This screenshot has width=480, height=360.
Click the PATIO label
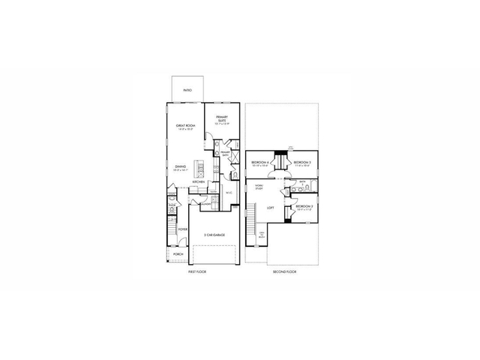[x=188, y=89]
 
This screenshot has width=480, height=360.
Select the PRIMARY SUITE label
[x=221, y=118]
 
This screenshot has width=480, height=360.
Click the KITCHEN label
[x=199, y=182]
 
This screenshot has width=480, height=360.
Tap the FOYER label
[x=182, y=229]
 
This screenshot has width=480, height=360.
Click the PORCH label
[x=178, y=254]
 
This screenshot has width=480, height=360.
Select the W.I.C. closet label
[x=229, y=193]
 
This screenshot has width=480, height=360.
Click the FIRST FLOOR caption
[x=196, y=271]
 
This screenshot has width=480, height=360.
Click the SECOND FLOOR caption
[x=286, y=271]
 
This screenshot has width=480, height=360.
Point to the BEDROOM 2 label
[x=304, y=206]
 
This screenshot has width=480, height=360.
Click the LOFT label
[x=270, y=208]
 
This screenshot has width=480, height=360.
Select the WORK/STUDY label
[x=259, y=186]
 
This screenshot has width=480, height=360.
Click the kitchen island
[x=199, y=167]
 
